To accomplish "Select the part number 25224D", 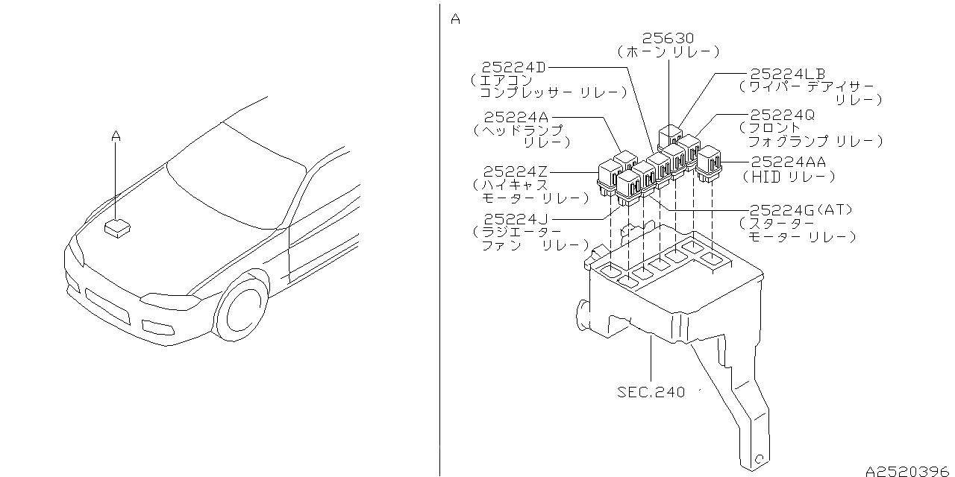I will point(513,67).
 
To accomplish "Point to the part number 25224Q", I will point(782,115).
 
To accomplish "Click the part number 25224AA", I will point(789,162).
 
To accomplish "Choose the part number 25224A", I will point(516,117).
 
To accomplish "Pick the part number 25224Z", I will point(515,171).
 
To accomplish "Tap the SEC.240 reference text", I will point(651,392).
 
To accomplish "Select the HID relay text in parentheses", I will point(789,177).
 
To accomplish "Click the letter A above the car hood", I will point(116,136).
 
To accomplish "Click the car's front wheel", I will point(242,309).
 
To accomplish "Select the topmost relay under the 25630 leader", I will point(670,136).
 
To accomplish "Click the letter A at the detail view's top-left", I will point(455,19).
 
